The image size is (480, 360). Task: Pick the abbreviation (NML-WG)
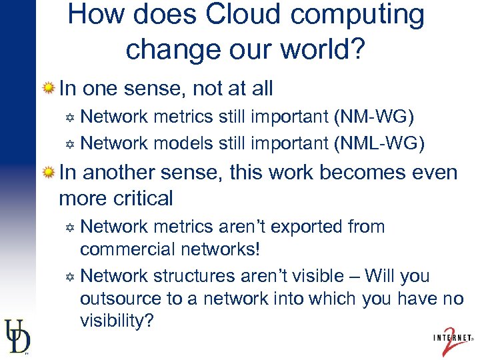(x=379, y=143)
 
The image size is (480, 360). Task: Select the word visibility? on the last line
(x=117, y=321)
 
